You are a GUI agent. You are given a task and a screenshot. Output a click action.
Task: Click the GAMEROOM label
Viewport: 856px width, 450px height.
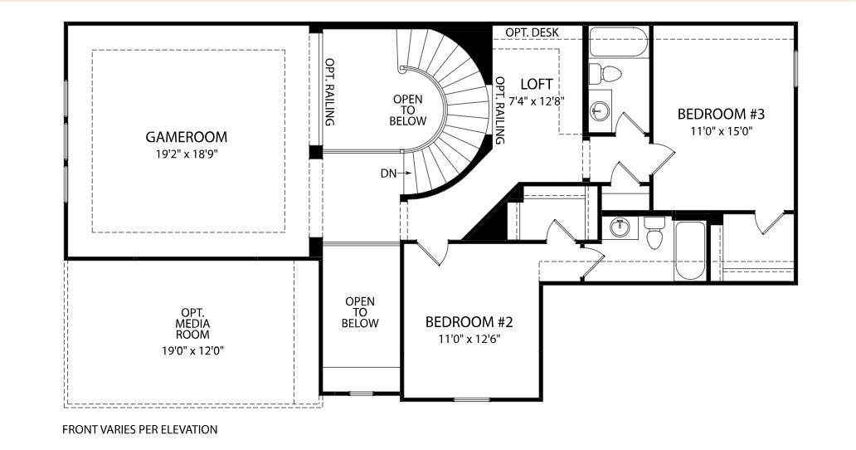(186, 136)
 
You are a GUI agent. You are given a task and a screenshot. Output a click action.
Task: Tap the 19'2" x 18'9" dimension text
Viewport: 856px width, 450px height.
(186, 154)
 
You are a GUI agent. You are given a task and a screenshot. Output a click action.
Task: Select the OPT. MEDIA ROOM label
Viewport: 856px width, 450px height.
(192, 323)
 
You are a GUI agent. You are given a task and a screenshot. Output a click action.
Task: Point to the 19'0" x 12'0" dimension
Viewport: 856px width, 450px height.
(192, 350)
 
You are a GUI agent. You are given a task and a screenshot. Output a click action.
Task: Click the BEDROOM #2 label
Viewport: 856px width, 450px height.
(469, 321)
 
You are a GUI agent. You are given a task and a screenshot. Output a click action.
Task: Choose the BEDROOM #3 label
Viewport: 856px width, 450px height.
(721, 114)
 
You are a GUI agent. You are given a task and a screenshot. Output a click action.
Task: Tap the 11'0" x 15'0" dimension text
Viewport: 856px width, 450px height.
(722, 131)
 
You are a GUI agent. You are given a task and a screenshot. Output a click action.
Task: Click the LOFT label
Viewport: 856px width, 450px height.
(536, 84)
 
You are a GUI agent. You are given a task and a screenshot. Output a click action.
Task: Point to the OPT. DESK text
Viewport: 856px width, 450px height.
(532, 32)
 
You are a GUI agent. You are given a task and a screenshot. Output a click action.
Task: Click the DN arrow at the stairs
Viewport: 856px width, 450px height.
(404, 174)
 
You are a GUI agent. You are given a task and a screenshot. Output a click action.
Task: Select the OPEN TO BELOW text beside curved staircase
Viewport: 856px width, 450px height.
(408, 110)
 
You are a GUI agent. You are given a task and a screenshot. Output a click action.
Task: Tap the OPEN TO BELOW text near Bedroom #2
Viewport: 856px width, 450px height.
(360, 312)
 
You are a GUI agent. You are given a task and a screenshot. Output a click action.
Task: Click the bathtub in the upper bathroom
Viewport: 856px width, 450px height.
(619, 42)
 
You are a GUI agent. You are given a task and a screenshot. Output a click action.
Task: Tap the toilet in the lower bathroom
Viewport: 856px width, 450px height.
(654, 232)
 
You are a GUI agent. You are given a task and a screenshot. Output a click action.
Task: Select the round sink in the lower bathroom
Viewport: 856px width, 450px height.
(619, 227)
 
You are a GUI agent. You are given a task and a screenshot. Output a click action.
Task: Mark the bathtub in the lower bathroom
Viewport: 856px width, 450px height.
(690, 251)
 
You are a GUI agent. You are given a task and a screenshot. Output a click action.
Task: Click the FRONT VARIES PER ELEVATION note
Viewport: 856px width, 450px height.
(139, 430)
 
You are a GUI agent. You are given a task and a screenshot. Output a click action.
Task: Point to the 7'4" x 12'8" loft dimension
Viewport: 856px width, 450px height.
(536, 101)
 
